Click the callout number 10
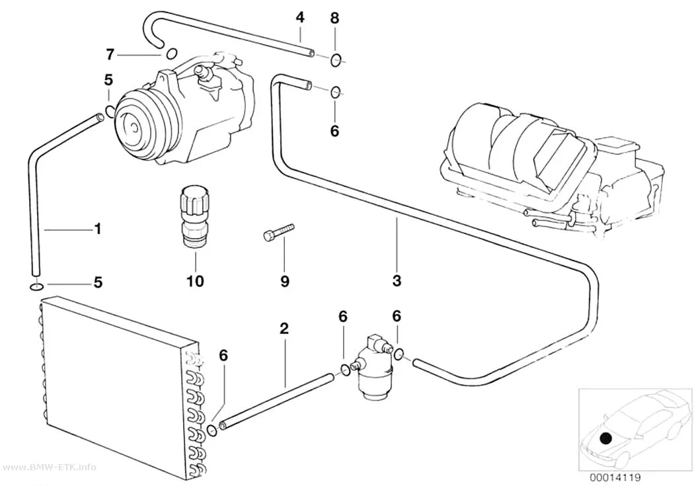[195, 280]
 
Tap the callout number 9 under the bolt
[285, 280]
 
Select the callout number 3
[397, 280]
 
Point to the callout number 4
[300, 17]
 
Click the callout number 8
[334, 18]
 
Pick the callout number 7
[110, 54]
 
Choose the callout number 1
[98, 228]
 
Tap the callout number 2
[284, 328]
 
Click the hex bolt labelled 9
[278, 232]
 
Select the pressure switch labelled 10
[192, 216]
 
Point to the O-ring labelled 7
[171, 54]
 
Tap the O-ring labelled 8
[336, 59]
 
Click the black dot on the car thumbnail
[605, 438]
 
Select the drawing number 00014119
[615, 477]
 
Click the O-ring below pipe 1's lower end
[36, 288]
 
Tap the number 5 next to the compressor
[108, 80]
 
